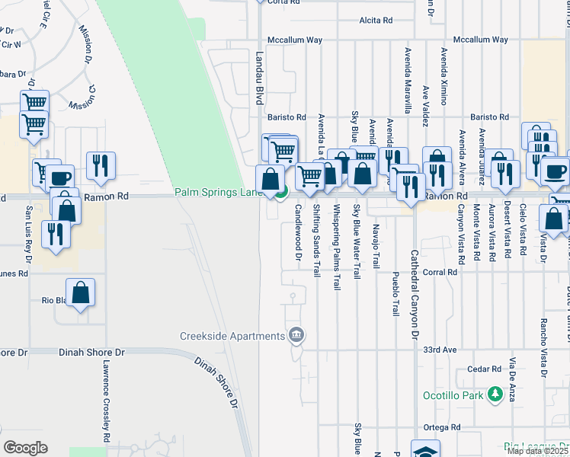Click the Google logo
[25, 448]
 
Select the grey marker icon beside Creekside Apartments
[297, 334]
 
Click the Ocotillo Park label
[453, 395]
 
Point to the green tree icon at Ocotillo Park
[495, 394]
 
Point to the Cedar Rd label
[484, 369]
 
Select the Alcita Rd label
[376, 21]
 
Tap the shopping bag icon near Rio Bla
[80, 292]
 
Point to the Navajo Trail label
[376, 243]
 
